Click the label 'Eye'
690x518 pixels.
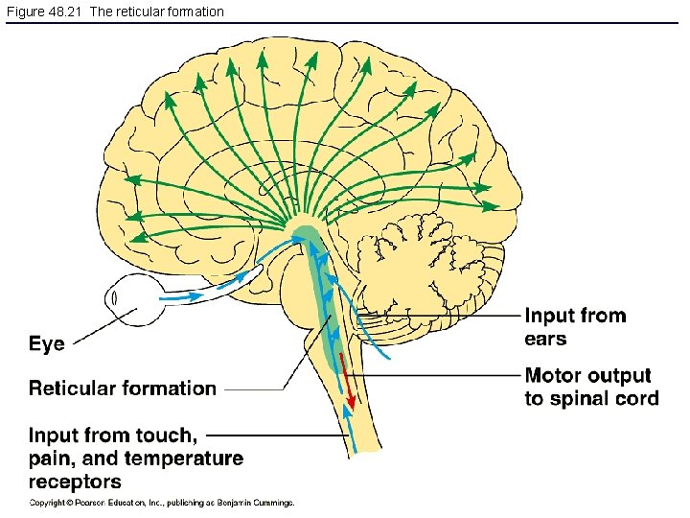click(x=47, y=344)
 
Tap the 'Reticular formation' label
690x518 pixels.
click(x=122, y=388)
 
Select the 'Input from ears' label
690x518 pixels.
click(x=575, y=327)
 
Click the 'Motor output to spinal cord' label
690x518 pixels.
click(x=591, y=388)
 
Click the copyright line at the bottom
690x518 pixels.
click(x=161, y=503)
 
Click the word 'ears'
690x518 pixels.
click(x=545, y=339)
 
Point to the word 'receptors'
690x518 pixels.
click(x=75, y=482)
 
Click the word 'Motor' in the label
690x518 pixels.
click(x=555, y=376)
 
